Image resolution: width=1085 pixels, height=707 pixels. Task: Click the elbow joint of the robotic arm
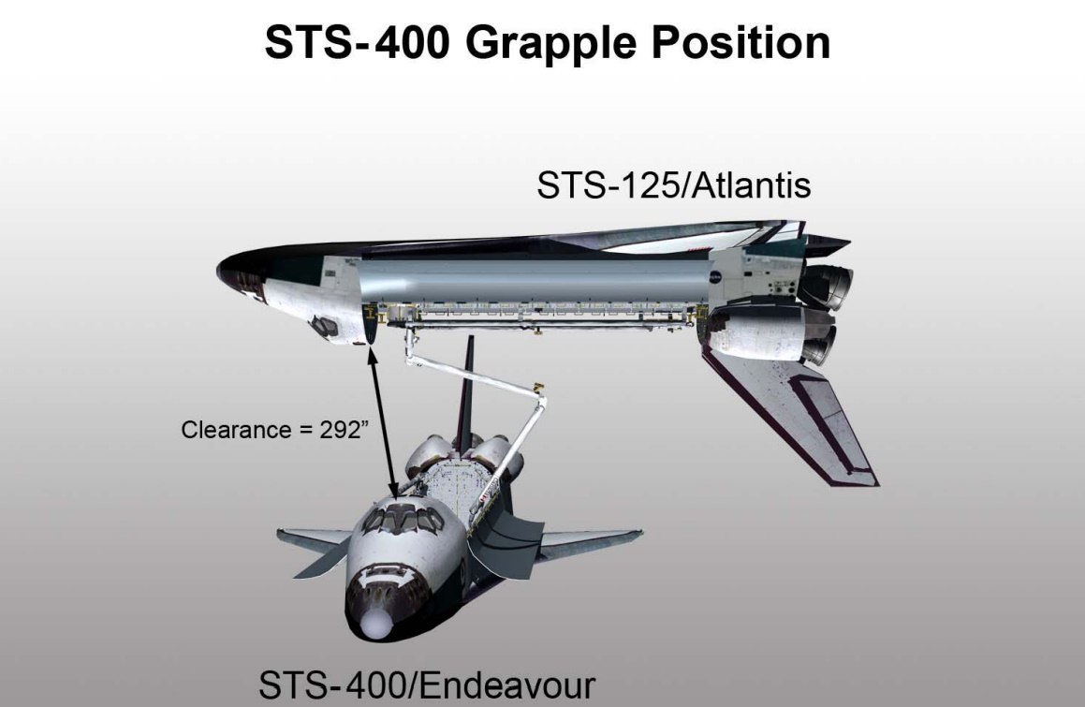click(538, 387)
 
